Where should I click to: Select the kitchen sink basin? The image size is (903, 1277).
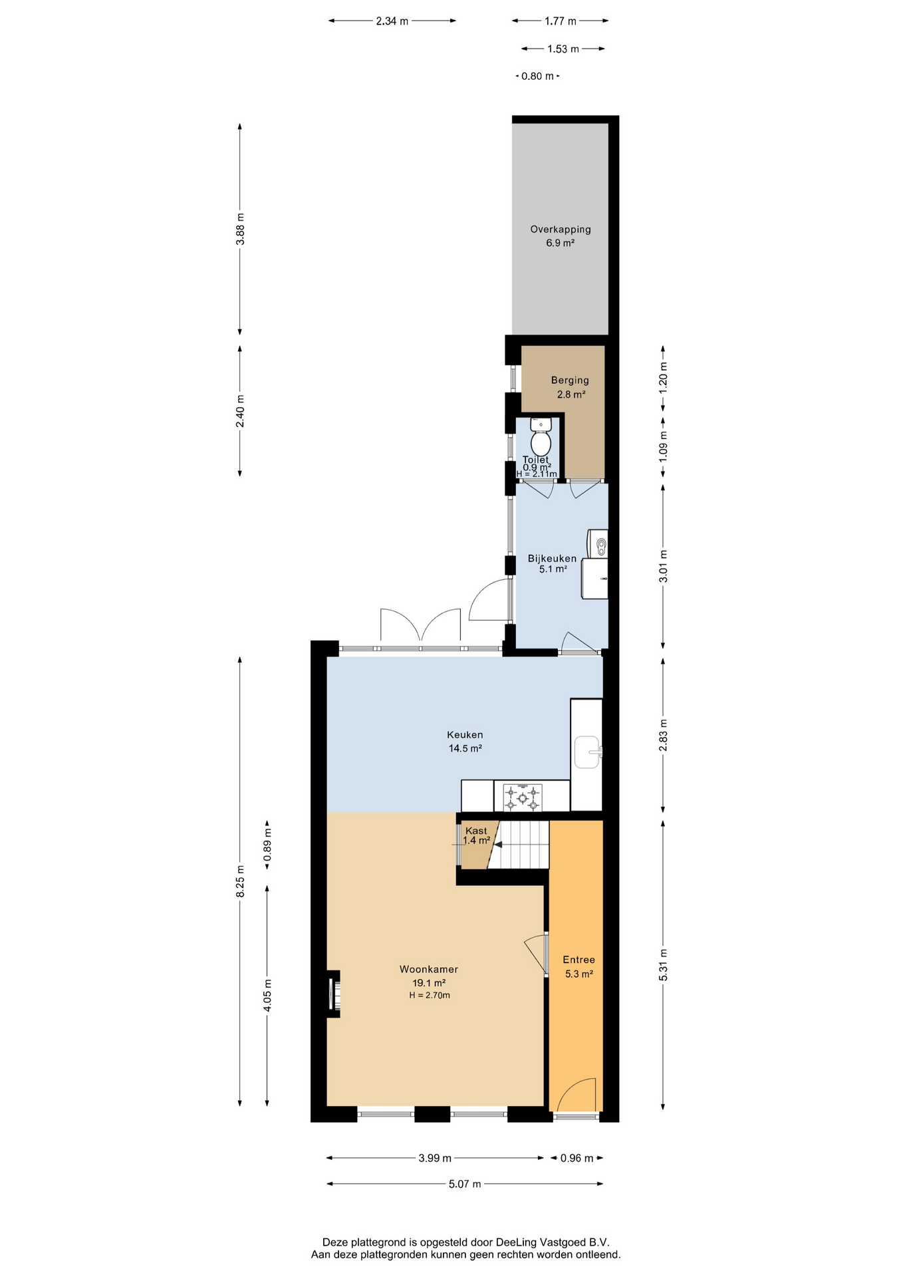pos(588,752)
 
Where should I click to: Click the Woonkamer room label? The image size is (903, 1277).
pos(429,969)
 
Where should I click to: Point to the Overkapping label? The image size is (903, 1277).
pos(561,229)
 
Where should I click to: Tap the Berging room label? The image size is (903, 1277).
pos(570,380)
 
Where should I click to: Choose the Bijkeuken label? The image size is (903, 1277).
pos(552,559)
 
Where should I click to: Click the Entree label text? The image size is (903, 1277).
pos(579,960)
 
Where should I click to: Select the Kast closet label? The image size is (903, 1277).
pos(476,831)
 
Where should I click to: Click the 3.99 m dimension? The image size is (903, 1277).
pos(435,1158)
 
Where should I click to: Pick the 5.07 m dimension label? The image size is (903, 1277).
pos(465,1184)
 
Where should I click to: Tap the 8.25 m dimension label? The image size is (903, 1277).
pos(241,881)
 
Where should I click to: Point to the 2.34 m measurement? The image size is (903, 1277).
pos(392,21)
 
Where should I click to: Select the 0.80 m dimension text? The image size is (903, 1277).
pos(537,76)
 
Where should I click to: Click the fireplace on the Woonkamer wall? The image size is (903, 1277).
pos(334,994)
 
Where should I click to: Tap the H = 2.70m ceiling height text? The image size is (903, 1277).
pos(430,996)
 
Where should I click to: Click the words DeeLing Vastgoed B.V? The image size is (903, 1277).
pos(553,1242)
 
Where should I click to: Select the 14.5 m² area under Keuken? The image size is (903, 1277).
pos(465,748)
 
